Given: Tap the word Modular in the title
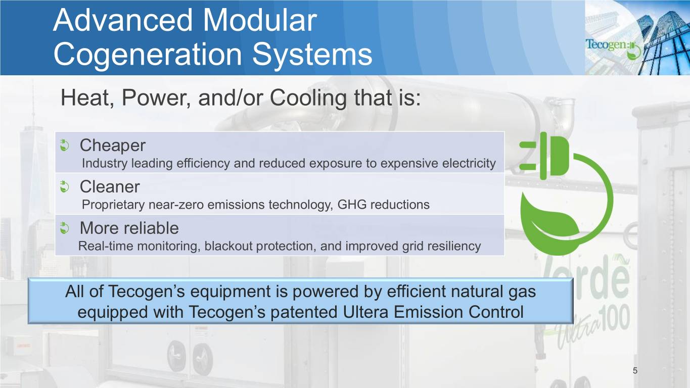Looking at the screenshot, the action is tap(260, 20).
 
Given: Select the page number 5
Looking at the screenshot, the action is tap(635, 370).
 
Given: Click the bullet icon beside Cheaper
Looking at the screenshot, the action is tap(64, 145).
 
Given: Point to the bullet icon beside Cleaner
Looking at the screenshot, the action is tap(64, 186).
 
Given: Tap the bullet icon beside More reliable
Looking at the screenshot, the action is tap(64, 228).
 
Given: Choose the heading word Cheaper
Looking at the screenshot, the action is tap(112, 145).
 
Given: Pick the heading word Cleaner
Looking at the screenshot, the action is tap(110, 186).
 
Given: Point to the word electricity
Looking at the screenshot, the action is tap(469, 163).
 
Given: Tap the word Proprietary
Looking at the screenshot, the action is tap(113, 205).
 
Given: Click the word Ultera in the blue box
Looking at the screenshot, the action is tap(365, 312).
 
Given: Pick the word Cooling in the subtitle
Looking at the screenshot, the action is tap(308, 98).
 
